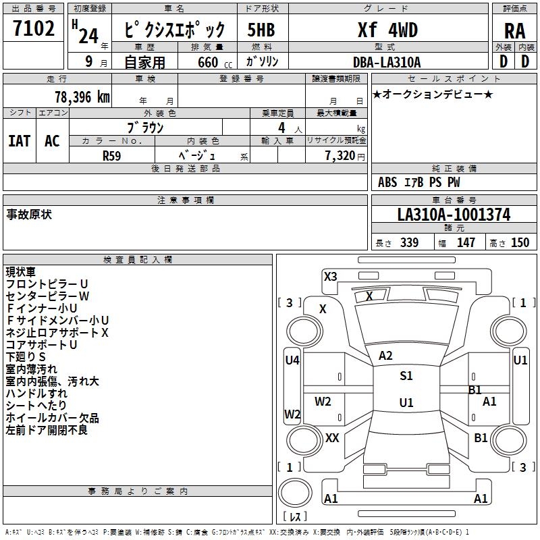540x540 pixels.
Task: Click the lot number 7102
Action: tap(33, 30)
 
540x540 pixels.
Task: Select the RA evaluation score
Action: tap(514, 30)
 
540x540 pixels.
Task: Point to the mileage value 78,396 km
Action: tap(82, 97)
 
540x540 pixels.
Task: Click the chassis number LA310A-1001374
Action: tap(454, 215)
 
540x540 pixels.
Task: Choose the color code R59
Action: tap(112, 155)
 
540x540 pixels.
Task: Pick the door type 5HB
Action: tap(261, 30)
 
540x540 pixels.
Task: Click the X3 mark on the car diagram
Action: tap(330, 276)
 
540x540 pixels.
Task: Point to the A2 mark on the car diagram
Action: tap(385, 356)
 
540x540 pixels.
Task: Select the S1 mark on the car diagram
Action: tap(406, 376)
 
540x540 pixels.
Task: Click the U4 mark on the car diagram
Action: tap(292, 360)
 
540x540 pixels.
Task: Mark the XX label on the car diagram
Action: tap(332, 438)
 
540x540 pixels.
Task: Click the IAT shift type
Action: tap(20, 140)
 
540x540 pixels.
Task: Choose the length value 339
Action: tap(409, 243)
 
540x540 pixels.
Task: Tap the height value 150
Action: tap(520, 243)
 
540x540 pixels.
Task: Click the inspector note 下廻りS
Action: tap(26, 356)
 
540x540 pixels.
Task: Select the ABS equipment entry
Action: tap(387, 182)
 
